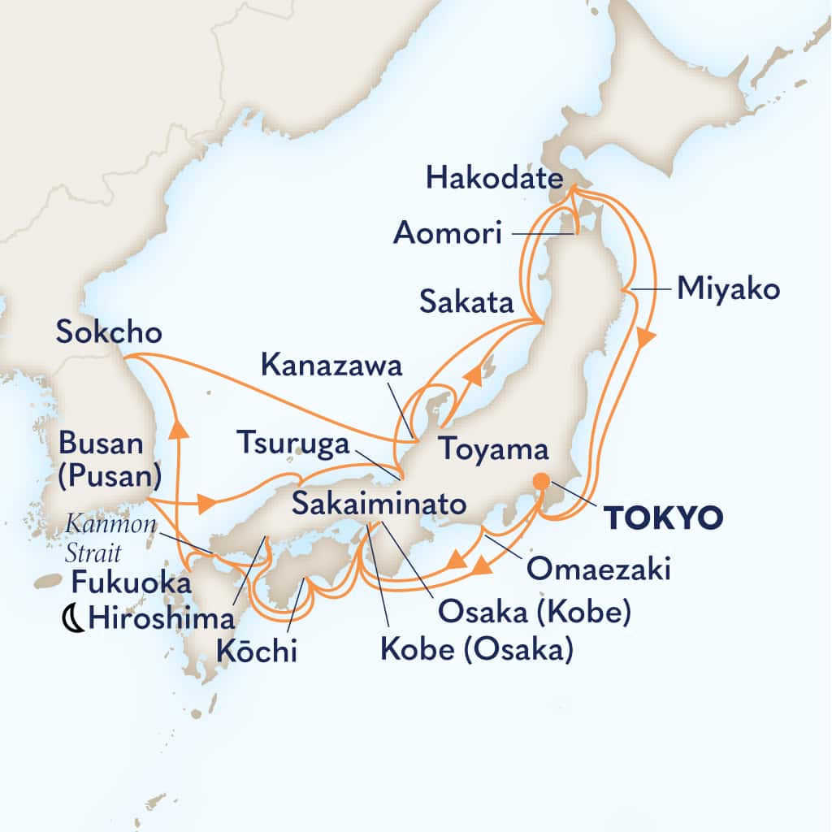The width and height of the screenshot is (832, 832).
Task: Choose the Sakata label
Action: (466, 303)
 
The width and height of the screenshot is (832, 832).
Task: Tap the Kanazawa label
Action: (331, 366)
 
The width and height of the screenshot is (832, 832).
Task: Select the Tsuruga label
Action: (293, 444)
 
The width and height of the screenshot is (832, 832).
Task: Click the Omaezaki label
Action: (599, 570)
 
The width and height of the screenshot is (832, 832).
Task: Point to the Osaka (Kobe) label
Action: (534, 612)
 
